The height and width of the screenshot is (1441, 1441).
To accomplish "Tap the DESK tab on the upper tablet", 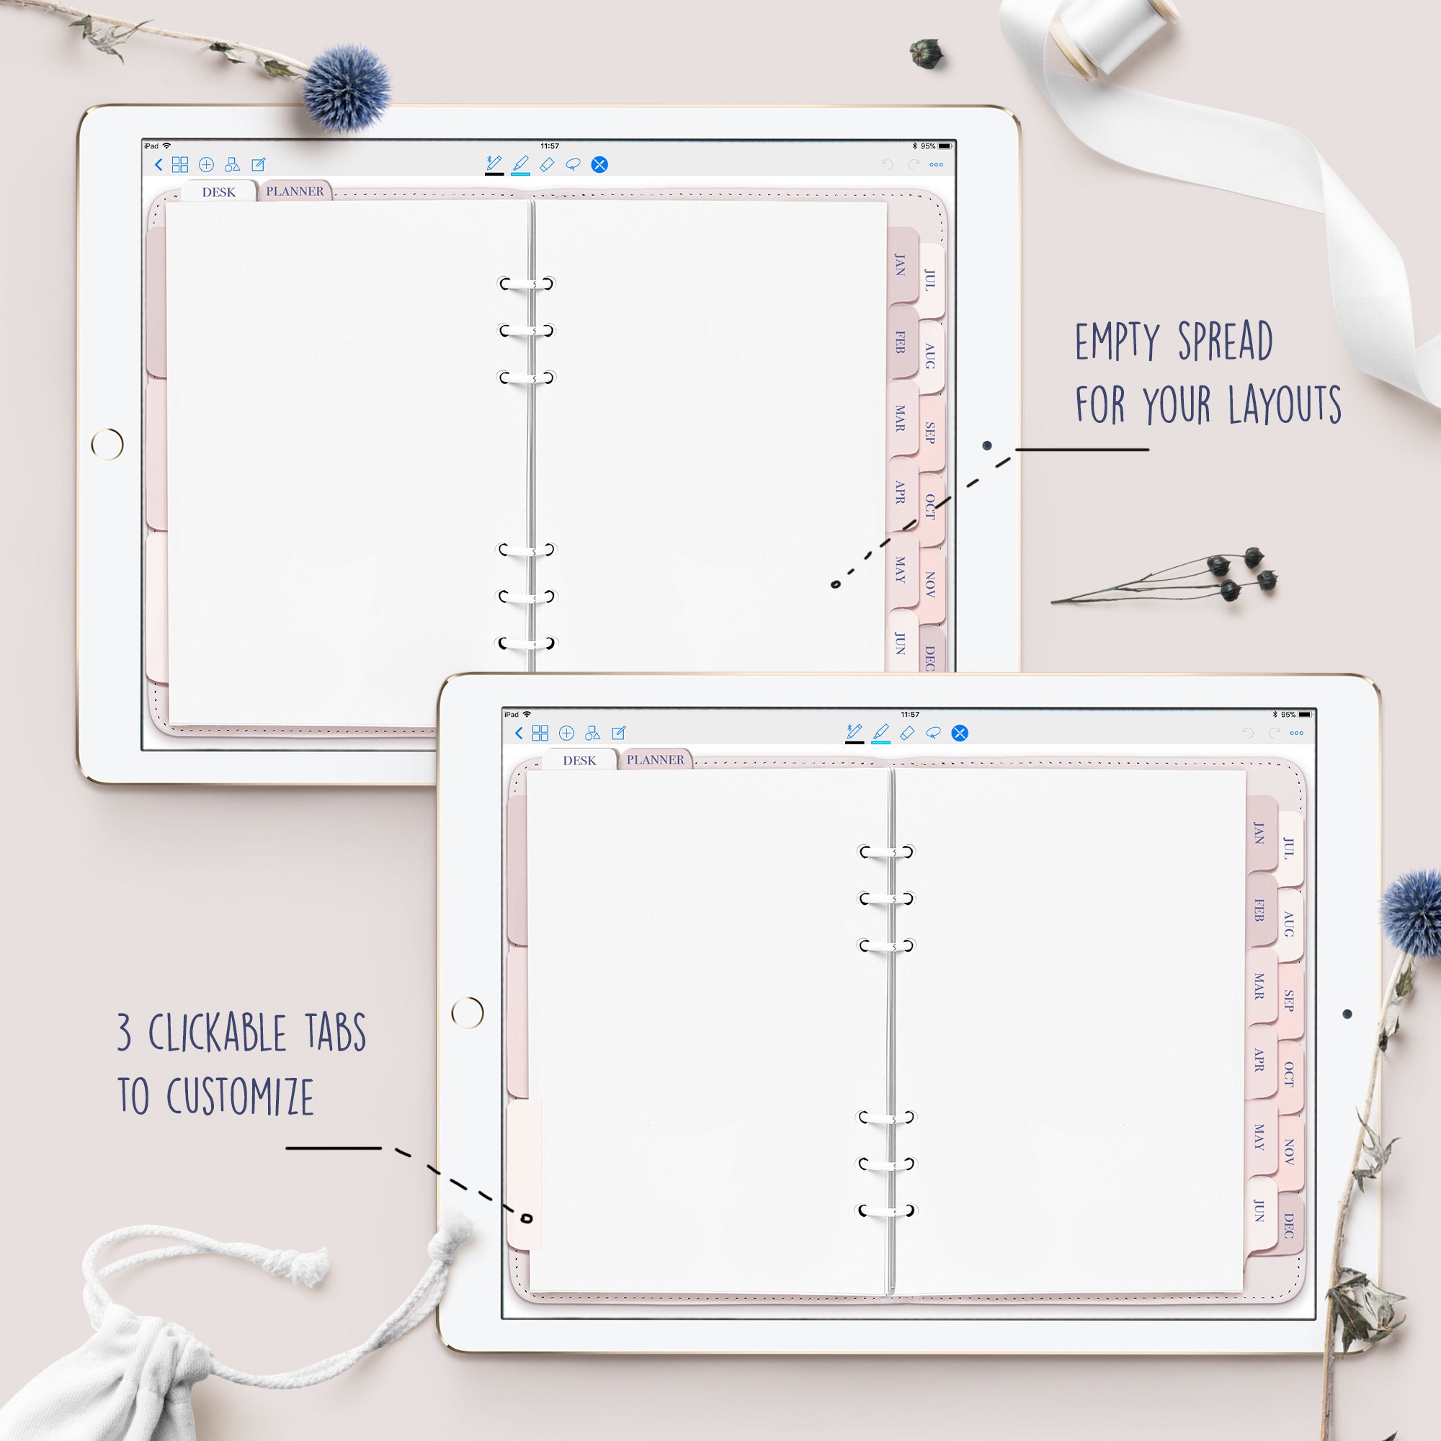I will pos(218,192).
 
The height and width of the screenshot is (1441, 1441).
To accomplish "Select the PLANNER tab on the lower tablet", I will pos(655,759).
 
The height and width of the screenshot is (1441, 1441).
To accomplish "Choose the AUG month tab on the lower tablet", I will pos(1288,923).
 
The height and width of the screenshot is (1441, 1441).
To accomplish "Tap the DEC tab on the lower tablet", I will pos(1288,1225).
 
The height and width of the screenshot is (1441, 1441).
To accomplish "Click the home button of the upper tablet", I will pos(107,445).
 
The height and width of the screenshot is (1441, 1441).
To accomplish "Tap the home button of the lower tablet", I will pos(468,1012).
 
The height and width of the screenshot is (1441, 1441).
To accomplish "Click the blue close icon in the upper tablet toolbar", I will pos(599,165).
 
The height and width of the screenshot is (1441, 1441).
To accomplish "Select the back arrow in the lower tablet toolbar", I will pos(519,733).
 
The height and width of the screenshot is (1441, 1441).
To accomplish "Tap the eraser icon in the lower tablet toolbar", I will pos(907,733).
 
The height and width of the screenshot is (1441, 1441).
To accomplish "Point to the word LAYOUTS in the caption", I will pos(1284,405).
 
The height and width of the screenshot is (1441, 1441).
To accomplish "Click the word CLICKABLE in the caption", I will pos(217,1033).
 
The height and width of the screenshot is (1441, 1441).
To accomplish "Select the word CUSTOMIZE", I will pos(239,1096).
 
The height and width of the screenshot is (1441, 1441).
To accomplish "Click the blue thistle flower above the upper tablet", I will pos(346,86).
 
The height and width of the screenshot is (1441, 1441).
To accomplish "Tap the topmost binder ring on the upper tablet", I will pos(527,283).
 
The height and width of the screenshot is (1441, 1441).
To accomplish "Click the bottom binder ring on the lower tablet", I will pos(886,1210).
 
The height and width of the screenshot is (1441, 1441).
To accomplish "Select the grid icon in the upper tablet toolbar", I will pos(179,165).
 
